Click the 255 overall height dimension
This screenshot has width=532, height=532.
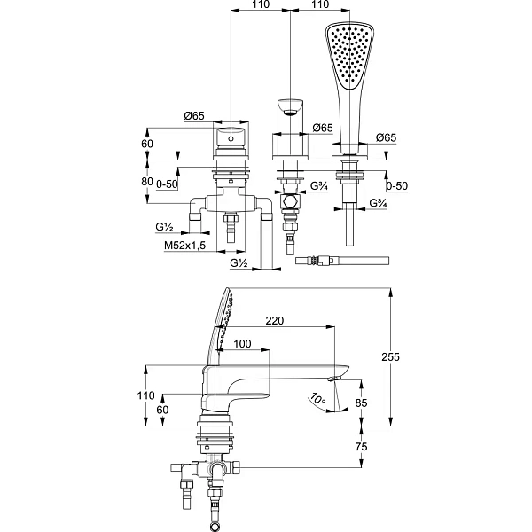click(390, 357)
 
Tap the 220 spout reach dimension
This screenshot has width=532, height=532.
click(275, 321)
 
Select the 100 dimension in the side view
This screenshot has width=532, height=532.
click(243, 344)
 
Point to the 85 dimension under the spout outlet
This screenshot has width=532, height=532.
click(361, 403)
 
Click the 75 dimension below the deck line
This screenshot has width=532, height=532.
click(361, 447)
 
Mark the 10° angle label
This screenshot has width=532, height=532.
click(318, 399)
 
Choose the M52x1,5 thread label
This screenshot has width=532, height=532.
click(185, 246)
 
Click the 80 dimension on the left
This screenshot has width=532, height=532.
click(147, 182)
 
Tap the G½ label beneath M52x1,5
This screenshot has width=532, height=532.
click(239, 263)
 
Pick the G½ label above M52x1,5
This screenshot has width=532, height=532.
click(165, 227)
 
